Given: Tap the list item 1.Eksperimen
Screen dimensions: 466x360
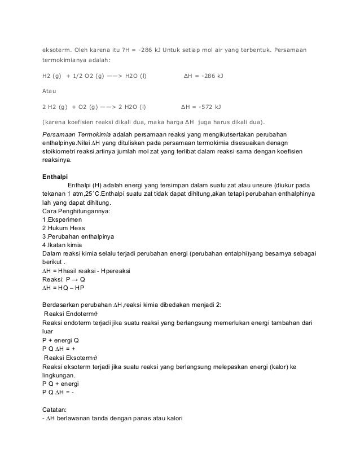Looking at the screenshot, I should (x=62, y=219).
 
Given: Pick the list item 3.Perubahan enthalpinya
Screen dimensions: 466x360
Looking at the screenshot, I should (x=76, y=236).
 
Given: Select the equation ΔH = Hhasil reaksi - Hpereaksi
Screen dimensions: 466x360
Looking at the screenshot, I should (x=86, y=271).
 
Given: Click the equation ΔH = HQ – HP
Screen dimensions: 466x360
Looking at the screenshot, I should (x=63, y=288).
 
